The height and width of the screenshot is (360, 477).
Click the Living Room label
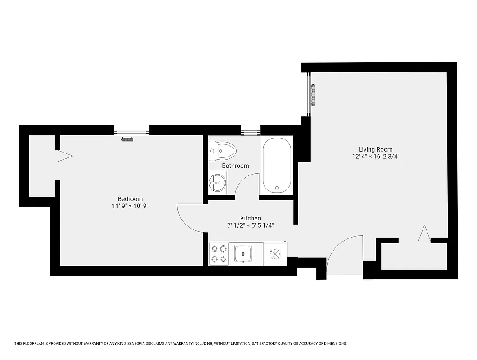point(375,149)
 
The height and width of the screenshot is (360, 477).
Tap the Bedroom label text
point(130,199)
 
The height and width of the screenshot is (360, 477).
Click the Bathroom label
point(235,166)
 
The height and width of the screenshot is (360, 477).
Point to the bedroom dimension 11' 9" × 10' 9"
point(130,207)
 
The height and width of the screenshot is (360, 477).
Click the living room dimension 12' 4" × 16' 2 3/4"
point(376,157)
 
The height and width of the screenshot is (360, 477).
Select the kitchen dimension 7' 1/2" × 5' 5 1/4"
point(251,226)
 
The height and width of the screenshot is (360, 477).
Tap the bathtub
point(277,165)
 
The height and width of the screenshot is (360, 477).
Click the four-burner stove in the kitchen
point(219,254)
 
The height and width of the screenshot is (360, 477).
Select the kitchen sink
point(243,254)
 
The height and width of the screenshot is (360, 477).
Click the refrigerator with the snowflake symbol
point(275,254)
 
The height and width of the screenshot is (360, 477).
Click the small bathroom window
point(250,132)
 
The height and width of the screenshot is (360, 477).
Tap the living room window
point(309,94)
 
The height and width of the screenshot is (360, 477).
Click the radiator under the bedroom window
point(128,139)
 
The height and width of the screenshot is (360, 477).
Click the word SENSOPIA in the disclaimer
point(143,343)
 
